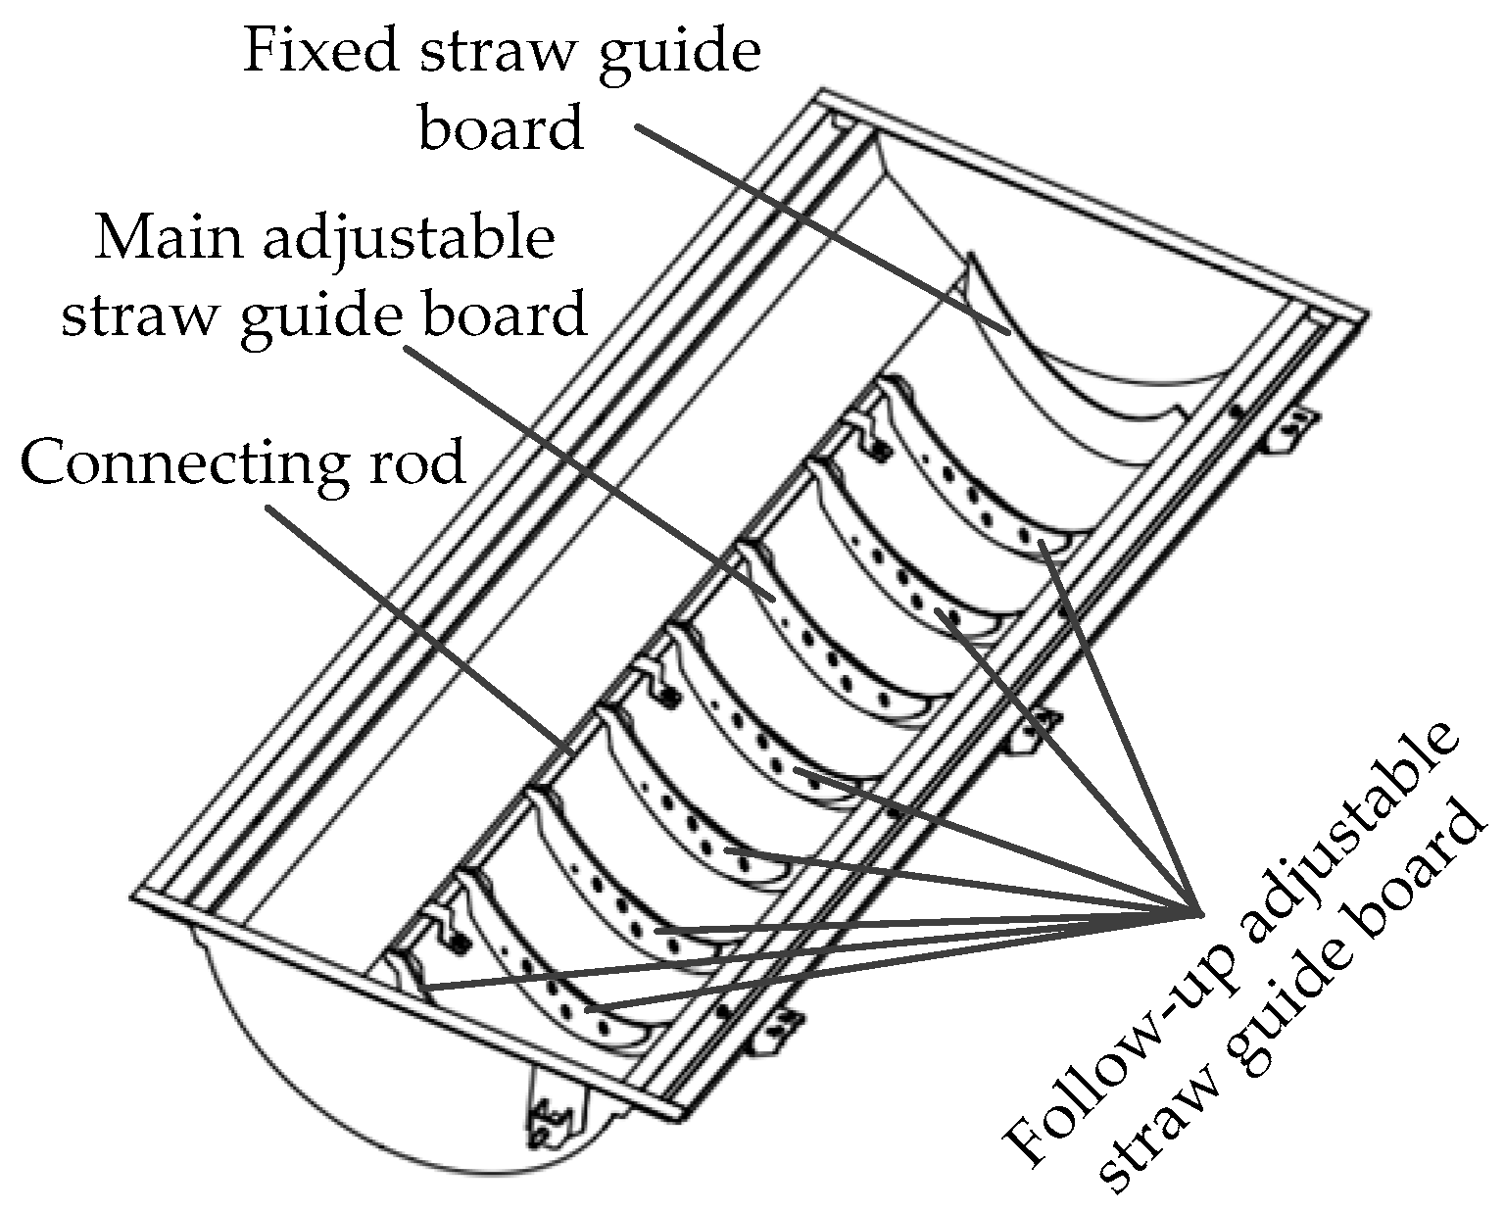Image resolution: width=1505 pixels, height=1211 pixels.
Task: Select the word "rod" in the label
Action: (x=415, y=462)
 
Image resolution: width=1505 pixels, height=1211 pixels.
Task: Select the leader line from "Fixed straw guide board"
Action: (x=823, y=230)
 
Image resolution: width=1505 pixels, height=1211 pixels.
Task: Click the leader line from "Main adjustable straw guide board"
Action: (x=588, y=470)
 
